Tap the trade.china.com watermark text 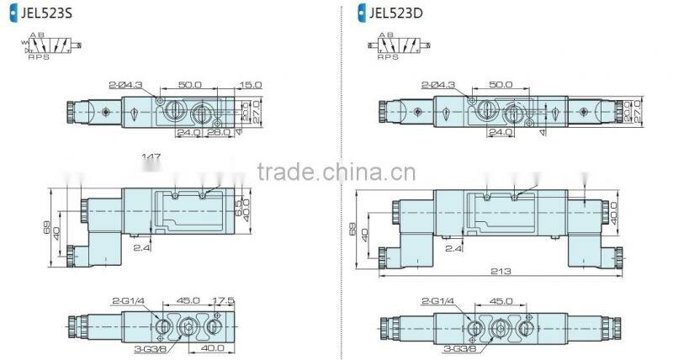(x=336, y=173)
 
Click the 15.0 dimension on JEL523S (x=250, y=85)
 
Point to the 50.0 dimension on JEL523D (x=501, y=85)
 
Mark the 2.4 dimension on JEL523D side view (x=455, y=249)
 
